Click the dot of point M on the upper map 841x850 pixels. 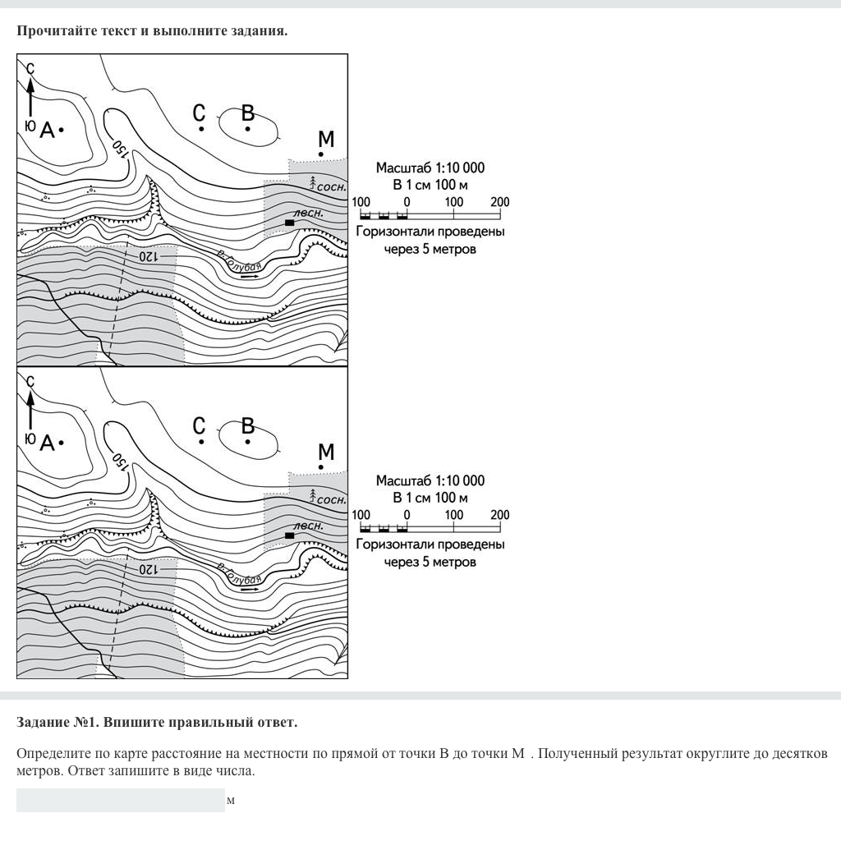point(321,154)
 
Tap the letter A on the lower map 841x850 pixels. point(47,443)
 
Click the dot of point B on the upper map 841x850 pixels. point(247,129)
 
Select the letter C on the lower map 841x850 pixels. point(200,425)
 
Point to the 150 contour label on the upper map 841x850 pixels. point(121,149)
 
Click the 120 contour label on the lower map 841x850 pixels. point(147,568)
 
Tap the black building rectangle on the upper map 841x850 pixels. point(289,223)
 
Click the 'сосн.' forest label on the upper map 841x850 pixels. point(331,187)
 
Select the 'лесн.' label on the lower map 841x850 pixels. point(308,526)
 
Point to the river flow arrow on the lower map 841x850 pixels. point(249,589)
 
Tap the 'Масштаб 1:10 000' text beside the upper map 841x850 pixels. point(430,168)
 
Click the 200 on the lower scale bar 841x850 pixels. point(499,515)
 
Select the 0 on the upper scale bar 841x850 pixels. point(407,202)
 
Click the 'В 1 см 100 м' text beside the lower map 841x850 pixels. point(430,498)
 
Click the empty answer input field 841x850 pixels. point(120,800)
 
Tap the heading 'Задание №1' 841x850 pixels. point(57,723)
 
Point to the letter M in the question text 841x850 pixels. point(517,754)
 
